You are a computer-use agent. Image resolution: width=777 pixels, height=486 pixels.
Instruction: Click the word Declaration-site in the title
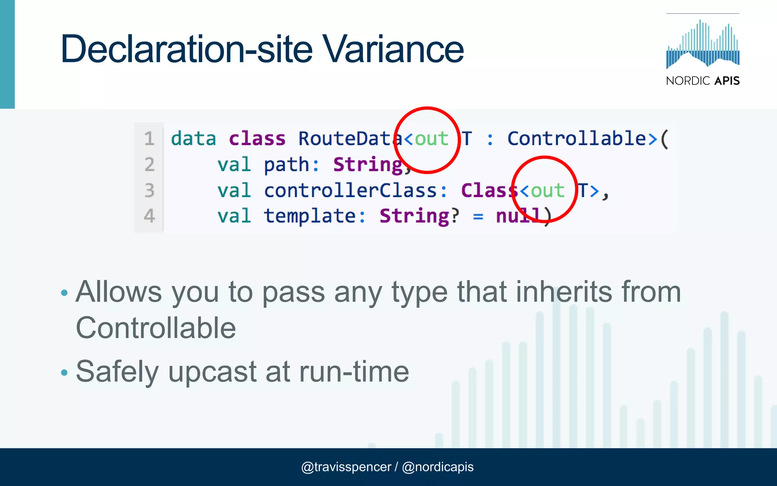point(186,49)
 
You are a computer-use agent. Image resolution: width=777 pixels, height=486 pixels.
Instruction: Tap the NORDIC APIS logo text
point(703,81)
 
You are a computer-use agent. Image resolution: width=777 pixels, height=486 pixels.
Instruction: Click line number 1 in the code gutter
point(149,139)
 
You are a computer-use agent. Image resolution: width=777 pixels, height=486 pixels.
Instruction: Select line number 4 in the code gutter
point(149,216)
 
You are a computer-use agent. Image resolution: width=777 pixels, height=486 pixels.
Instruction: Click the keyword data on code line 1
point(193,139)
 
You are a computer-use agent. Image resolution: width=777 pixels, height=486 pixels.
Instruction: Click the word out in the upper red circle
point(431,139)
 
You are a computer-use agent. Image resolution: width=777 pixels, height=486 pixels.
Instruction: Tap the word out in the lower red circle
point(547,190)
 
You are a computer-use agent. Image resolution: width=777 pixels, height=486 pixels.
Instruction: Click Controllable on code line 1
point(577,139)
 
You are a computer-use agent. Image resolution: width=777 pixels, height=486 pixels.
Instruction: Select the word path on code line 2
point(286,165)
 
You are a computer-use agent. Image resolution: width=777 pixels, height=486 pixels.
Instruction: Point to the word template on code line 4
point(310,216)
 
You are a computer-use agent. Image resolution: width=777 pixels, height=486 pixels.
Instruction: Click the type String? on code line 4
point(419,216)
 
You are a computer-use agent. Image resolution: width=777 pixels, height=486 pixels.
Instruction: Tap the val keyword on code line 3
point(234,190)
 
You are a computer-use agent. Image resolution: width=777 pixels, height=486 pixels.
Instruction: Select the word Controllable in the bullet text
point(156,328)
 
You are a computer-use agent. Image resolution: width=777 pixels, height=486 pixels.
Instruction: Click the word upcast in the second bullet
point(212,372)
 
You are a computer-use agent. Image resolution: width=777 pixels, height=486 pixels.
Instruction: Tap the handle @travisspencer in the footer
point(346,467)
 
